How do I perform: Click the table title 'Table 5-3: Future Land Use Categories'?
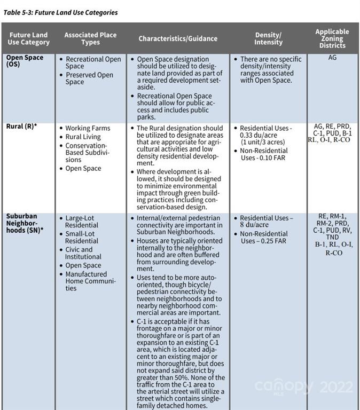coord(60,12)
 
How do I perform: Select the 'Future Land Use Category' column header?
coord(28,38)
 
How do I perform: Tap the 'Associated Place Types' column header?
coord(90,38)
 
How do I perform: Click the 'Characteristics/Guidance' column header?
coord(178,38)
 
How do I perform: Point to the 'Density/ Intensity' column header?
coord(269,38)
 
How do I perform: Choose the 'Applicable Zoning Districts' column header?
coord(332,38)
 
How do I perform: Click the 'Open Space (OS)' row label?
coord(25,60)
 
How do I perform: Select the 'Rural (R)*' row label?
coord(21,127)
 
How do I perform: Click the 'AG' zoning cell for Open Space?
coord(332,58)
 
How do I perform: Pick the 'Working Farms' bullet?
coord(88,128)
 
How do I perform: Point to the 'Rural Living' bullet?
coord(83,137)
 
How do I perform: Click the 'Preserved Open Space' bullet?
coord(89,78)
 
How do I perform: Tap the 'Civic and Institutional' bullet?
coord(83,253)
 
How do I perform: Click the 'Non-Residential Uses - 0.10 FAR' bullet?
coord(265,154)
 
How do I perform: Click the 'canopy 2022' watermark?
coord(303,386)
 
